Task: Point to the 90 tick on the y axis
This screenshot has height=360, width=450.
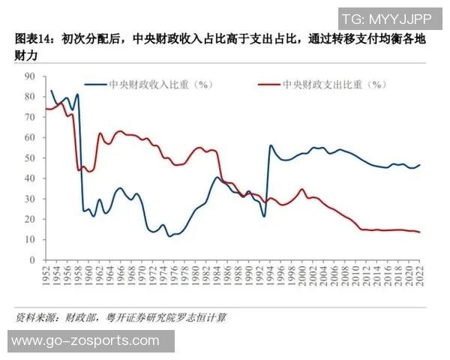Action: point(31,76)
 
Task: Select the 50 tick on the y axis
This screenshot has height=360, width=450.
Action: point(31,158)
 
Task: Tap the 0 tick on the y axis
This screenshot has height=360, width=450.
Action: point(33,259)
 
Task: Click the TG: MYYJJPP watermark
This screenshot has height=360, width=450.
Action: point(385,19)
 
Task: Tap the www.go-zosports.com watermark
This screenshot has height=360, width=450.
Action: point(86,341)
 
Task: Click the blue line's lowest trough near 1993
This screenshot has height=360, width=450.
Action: point(264,217)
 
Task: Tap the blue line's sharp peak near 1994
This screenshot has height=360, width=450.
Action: point(270,146)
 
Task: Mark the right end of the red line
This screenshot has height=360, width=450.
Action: point(419,232)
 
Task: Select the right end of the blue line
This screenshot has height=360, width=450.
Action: point(419,165)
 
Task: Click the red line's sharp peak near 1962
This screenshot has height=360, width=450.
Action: point(100,133)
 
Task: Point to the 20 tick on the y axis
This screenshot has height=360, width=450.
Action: point(31,219)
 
